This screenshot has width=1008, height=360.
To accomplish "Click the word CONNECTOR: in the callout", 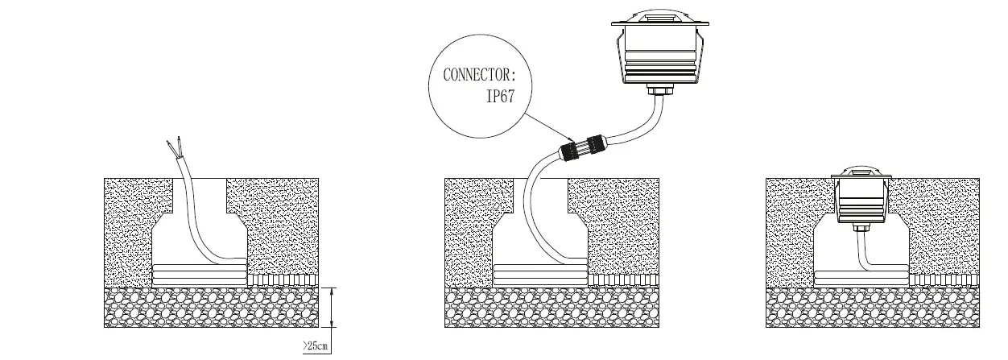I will (x=477, y=76).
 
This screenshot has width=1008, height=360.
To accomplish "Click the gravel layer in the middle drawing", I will (x=552, y=307).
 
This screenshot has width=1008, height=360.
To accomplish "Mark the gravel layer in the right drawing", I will (x=873, y=307).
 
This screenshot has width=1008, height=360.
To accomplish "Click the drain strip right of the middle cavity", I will (x=625, y=279).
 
